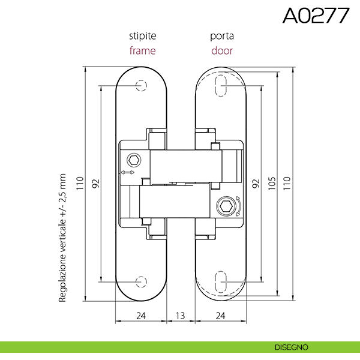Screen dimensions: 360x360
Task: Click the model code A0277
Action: point(316,16)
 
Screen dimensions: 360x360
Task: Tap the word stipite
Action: point(143,36)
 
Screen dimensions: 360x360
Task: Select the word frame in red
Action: point(143,50)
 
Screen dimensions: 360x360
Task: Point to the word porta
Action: point(222,36)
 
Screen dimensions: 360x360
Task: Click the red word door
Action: point(222,50)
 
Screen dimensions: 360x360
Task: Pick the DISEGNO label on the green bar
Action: point(292,347)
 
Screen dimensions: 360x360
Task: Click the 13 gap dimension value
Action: point(181,316)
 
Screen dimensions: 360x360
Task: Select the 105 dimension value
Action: point(272,183)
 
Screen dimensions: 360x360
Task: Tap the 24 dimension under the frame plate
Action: point(141,316)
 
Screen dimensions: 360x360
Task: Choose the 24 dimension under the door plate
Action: point(220,316)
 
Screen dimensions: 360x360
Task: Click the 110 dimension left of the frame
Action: point(80,183)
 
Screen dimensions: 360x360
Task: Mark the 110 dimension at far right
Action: point(287,183)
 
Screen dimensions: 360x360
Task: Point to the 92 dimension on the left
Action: point(96,183)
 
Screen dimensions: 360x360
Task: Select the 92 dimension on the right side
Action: point(256,184)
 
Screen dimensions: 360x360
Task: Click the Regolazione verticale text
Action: point(62,238)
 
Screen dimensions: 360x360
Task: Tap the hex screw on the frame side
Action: point(134,160)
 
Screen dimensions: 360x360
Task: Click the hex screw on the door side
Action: point(226,206)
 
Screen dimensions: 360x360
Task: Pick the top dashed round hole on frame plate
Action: point(141,86)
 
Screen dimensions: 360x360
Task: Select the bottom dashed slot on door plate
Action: point(221,282)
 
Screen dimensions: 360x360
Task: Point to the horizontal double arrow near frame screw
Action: point(127,172)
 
